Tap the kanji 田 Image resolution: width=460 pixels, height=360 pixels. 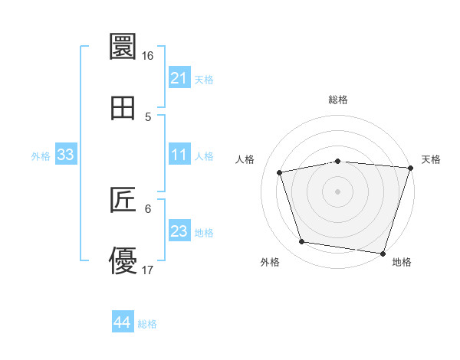(x=123, y=108)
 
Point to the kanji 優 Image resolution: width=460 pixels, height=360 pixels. (x=123, y=261)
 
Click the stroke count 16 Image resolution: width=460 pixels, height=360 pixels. (x=148, y=56)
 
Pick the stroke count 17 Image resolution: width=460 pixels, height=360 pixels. (x=148, y=270)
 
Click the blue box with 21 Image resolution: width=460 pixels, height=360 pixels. (x=179, y=78)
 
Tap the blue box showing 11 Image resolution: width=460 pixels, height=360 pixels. (x=179, y=155)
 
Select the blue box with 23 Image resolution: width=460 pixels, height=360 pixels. (x=179, y=232)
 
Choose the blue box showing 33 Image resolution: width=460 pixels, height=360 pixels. (x=66, y=155)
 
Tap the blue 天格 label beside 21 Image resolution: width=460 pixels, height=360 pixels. (x=204, y=79)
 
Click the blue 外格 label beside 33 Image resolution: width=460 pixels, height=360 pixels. (x=41, y=155)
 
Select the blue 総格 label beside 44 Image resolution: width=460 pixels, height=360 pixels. (x=147, y=323)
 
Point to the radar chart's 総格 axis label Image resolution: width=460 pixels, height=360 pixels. (x=338, y=100)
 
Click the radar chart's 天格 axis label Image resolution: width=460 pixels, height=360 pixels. (x=431, y=159)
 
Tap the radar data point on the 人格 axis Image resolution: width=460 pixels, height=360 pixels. (x=280, y=172)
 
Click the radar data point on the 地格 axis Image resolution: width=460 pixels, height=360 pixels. (x=383, y=253)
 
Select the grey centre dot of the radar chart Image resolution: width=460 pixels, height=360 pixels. (x=338, y=191)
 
